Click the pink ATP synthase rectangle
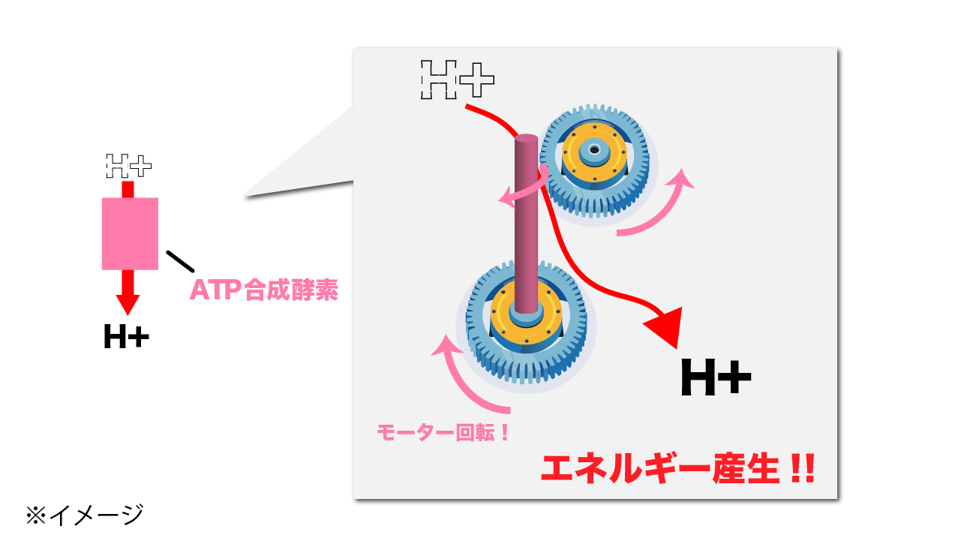click(x=130, y=233)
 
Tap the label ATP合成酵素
click(x=263, y=290)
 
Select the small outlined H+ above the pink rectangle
click(x=128, y=165)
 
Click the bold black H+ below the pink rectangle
click(x=126, y=338)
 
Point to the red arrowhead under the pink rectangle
click(x=128, y=304)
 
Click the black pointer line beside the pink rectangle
click(x=179, y=260)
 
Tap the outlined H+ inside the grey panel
click(x=457, y=79)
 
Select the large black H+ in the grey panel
click(x=715, y=377)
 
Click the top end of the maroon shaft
click(x=527, y=140)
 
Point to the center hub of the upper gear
click(x=594, y=149)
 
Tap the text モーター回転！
click(x=443, y=433)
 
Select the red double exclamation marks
click(x=801, y=469)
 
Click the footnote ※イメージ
click(x=84, y=515)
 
